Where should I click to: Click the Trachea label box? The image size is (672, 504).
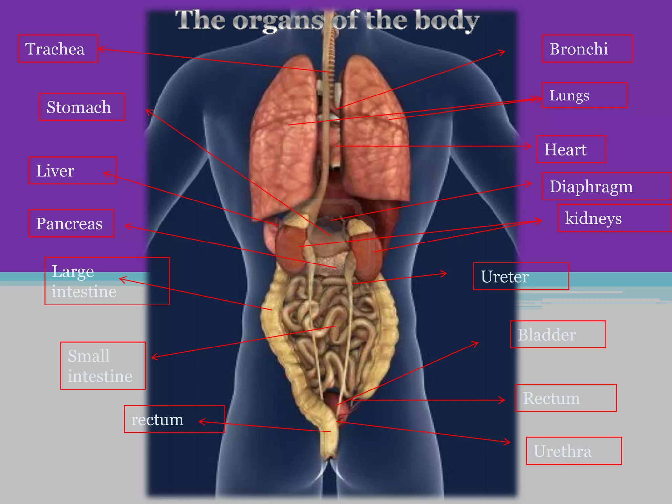(58, 49)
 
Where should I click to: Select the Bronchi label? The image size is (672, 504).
(587, 49)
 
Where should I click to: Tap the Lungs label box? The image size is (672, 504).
(584, 95)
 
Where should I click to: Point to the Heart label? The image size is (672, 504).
(571, 149)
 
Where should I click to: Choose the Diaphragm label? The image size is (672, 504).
(606, 186)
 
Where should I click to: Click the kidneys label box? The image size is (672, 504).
(614, 218)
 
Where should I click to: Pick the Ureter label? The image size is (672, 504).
(521, 276)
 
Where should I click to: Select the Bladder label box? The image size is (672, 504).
(558, 334)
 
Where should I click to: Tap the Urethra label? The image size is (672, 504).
(574, 451)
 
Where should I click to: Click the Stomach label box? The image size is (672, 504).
(82, 107)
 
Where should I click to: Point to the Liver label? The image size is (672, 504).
(73, 170)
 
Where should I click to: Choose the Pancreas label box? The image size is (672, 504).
(71, 223)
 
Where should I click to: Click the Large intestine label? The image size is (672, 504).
(107, 281)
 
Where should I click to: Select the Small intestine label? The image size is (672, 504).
(103, 366)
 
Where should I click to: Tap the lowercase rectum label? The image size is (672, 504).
(174, 419)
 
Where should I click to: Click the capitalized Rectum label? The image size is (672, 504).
(566, 398)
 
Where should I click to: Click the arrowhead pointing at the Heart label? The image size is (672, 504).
(529, 146)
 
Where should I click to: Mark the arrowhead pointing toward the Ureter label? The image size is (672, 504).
(444, 273)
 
